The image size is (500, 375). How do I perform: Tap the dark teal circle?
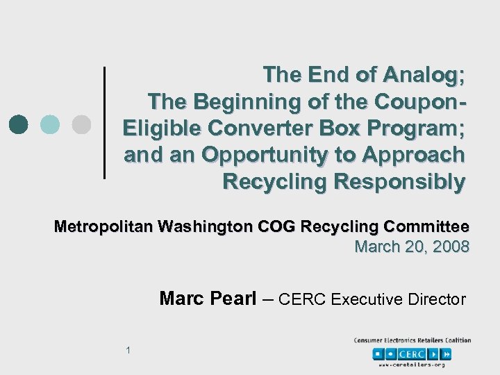19,124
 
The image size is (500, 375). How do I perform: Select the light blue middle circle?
50,124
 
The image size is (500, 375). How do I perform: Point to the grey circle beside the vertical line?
81,124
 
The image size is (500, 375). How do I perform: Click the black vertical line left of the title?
104,122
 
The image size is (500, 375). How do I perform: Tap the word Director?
436,299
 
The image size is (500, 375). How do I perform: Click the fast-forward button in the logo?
447,353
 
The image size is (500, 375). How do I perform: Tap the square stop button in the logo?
378,353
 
